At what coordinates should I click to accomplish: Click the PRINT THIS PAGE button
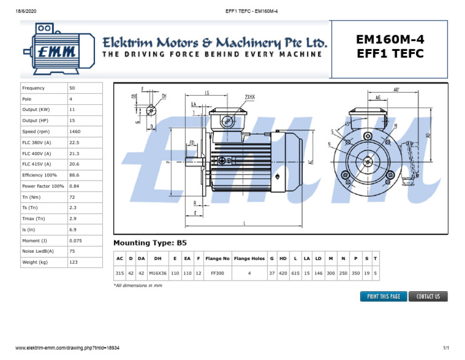point(383,296)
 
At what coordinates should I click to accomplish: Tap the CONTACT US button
point(428,296)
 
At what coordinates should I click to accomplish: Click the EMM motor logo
point(56,49)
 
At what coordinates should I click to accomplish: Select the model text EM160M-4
point(390,39)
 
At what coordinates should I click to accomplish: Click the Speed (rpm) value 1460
point(75,132)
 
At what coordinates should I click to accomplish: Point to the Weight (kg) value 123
point(74,262)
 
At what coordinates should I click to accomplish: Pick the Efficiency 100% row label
point(39,175)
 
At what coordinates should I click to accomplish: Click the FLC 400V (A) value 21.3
point(74,153)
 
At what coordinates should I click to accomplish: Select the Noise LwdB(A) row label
point(38,252)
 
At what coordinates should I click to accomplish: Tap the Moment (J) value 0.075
point(76,241)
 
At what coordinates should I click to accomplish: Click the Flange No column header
point(217,259)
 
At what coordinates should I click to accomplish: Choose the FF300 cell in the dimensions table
point(217,273)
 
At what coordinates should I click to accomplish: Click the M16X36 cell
point(157,273)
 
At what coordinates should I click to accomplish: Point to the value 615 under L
point(295,273)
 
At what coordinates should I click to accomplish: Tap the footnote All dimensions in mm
point(138,285)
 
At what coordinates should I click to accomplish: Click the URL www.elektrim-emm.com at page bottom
point(67,348)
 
